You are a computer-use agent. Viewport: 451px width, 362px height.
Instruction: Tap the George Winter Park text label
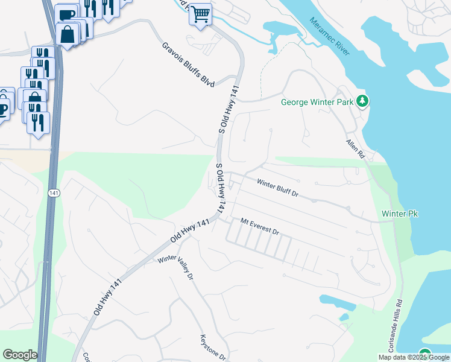317,102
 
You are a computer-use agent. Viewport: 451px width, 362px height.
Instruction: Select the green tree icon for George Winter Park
362,101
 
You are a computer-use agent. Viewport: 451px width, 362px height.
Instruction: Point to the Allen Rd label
356,149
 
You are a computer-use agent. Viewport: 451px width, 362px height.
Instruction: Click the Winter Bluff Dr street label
278,188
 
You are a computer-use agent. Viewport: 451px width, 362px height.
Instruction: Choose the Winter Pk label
400,214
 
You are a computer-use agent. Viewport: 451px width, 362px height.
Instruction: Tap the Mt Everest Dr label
260,227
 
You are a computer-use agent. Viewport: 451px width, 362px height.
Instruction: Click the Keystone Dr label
213,348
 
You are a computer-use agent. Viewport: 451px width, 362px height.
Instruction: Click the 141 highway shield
54,192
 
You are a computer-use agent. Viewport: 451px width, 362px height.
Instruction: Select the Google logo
19,355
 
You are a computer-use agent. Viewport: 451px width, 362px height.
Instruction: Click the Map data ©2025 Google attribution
414,357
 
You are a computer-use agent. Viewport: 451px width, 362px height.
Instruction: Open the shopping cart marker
200,14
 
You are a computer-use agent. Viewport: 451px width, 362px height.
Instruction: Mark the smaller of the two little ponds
344,317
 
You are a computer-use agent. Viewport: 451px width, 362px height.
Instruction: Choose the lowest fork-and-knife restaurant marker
39,122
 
